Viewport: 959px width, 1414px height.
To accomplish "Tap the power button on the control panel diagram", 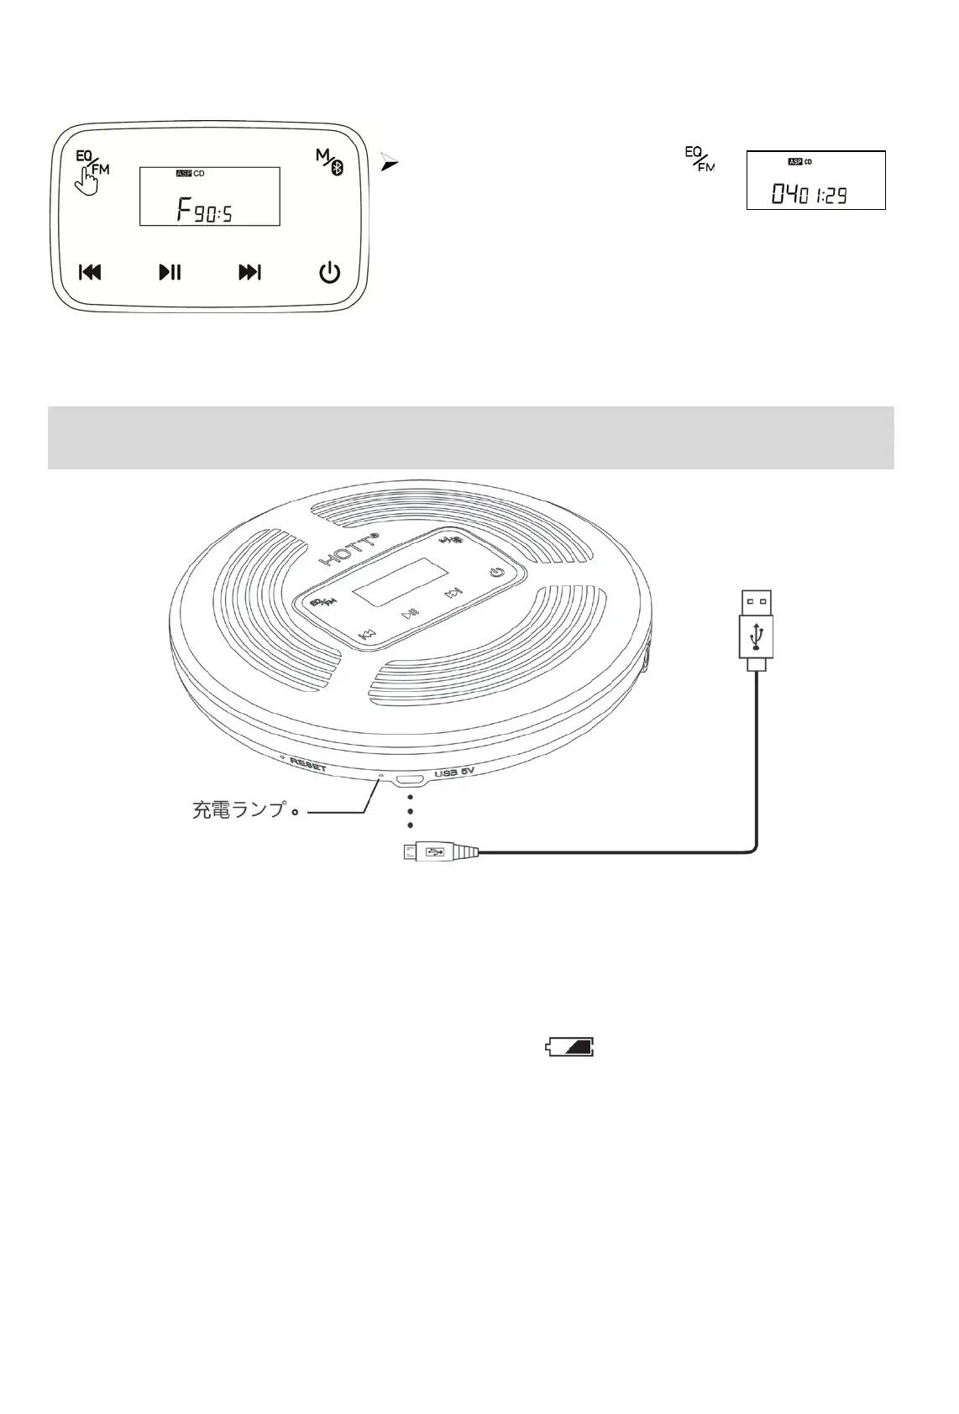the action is (329, 272).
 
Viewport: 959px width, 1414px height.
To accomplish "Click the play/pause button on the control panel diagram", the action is (170, 272).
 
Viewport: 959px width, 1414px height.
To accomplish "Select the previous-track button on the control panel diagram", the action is (90, 272).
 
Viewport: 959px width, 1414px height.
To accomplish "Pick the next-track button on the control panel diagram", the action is (249, 272).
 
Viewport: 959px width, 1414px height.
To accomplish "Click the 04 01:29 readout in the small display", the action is (810, 196).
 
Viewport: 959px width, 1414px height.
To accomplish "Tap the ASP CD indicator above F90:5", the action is (190, 174).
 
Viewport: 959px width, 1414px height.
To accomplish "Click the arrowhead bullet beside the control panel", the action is (387, 163).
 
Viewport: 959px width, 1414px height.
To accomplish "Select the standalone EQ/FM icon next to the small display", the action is (699, 160).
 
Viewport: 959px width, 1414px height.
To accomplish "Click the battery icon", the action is (570, 1046).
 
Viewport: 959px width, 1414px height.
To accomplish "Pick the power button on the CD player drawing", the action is (497, 573).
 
